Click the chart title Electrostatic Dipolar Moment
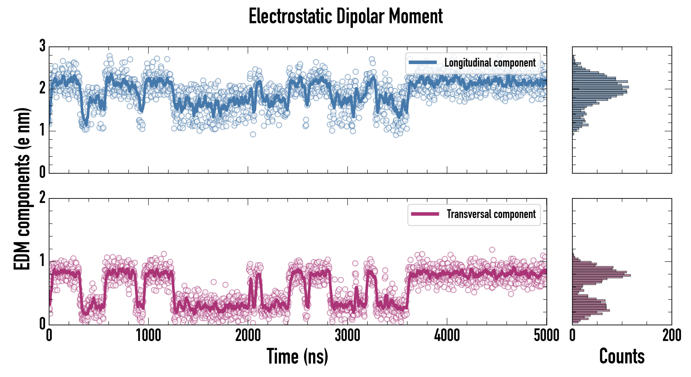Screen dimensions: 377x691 (345, 16)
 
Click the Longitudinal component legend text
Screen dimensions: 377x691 (490, 63)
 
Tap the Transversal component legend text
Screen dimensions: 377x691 (491, 214)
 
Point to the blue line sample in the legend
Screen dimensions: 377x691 (423, 63)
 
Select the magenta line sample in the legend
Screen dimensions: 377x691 (425, 214)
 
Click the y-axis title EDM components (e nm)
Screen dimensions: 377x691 (22, 189)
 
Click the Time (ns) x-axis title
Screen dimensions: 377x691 (297, 356)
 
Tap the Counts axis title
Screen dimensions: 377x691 (621, 356)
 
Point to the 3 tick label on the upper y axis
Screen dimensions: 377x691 (42, 46)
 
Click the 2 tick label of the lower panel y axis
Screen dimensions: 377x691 (42, 198)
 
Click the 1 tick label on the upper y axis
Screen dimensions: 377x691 (42, 131)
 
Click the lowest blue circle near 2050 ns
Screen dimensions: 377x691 (253, 134)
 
